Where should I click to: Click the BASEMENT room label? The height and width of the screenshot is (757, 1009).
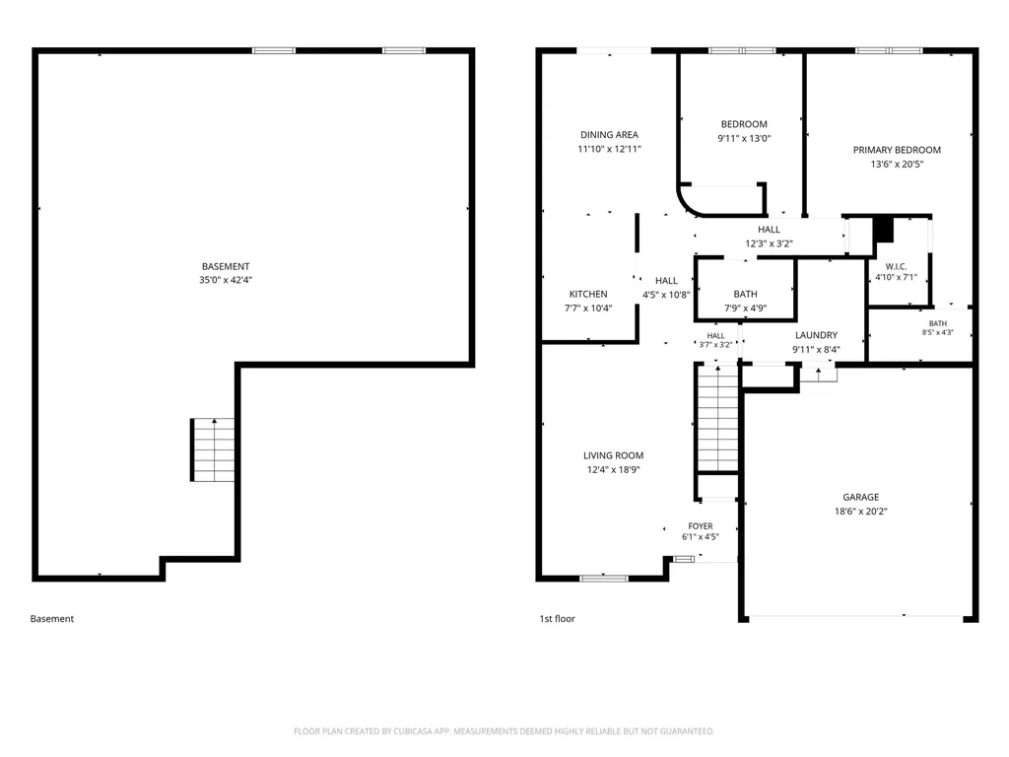click(x=226, y=266)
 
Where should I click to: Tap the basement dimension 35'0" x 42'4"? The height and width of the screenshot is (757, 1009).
click(x=226, y=280)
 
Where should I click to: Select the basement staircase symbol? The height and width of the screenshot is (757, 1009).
click(x=213, y=449)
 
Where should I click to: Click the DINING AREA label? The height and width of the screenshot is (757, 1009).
click(x=609, y=134)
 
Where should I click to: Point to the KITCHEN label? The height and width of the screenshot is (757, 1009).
click(x=588, y=294)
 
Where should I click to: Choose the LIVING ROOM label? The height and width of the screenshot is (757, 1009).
click(x=613, y=455)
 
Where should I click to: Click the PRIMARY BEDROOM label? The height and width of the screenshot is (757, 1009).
click(x=897, y=150)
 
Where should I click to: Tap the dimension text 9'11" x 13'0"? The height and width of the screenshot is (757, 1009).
click(x=744, y=138)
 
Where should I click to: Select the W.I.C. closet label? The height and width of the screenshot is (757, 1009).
click(x=896, y=266)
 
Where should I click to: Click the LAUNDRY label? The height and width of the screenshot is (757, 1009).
click(x=816, y=335)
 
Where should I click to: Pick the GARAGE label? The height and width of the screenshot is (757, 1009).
click(x=861, y=497)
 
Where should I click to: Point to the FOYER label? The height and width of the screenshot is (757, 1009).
click(x=701, y=526)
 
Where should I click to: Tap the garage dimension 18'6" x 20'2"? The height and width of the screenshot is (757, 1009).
click(x=861, y=512)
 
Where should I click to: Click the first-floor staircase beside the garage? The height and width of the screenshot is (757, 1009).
click(x=717, y=418)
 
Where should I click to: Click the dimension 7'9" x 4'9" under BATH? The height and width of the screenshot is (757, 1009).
click(x=745, y=309)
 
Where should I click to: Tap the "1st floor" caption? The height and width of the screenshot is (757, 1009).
click(x=558, y=619)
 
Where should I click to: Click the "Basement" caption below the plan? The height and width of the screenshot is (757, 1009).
click(x=52, y=619)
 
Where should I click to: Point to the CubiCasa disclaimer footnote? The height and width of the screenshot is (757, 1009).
click(x=504, y=731)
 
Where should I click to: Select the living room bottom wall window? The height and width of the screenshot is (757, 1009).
click(x=604, y=579)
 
